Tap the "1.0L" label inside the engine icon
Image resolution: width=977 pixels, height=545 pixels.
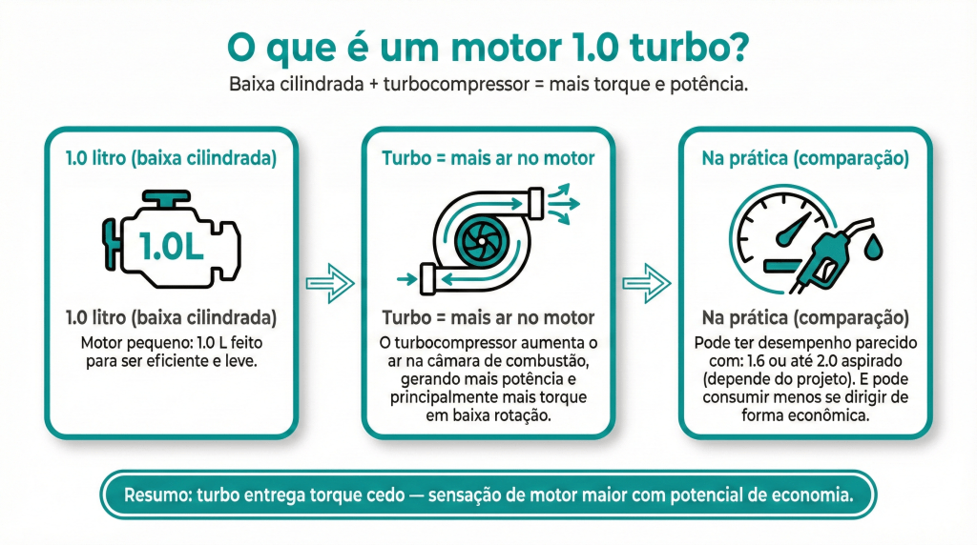pos(171,244)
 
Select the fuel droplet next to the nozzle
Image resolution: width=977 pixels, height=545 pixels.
pos(873,247)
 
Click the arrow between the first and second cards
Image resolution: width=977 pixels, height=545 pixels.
pos(329,283)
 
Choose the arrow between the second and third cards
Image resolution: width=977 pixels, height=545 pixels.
pos(646,283)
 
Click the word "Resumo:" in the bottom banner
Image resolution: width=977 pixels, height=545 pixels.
pos(156,495)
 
